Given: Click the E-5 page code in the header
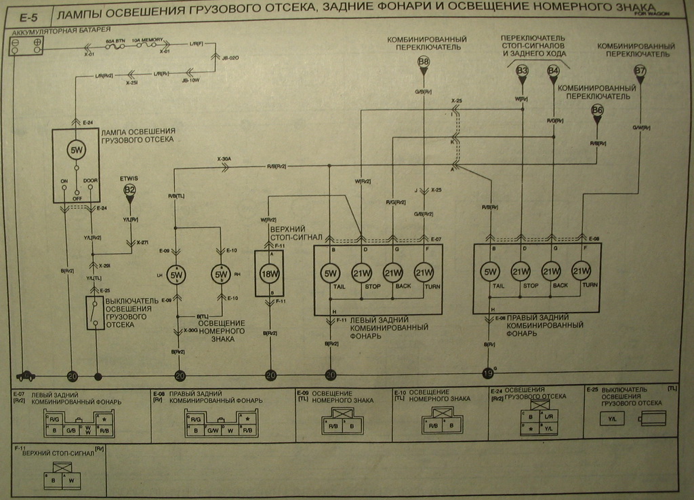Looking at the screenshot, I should tap(26, 15).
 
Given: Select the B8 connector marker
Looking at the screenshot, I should tap(424, 62).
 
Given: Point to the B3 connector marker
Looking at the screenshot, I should tap(523, 70).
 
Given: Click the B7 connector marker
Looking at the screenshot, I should tap(640, 70).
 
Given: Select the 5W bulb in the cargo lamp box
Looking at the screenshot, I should tap(76, 150).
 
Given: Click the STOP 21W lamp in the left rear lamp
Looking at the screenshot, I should tap(361, 273).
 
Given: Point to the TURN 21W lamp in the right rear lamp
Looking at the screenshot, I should tap(581, 272).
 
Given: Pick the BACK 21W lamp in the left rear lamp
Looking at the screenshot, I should tap(393, 273).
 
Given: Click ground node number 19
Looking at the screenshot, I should tap(487, 373).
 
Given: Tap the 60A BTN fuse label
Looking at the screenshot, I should tap(115, 41).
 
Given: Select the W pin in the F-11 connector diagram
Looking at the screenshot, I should tap(71, 480).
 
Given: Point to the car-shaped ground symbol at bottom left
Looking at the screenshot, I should tap(26, 374).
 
